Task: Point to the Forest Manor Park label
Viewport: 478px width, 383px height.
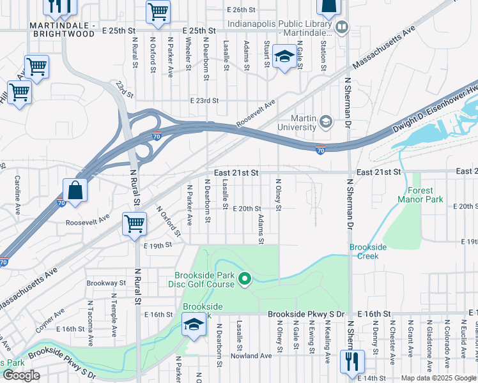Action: [x=420, y=195]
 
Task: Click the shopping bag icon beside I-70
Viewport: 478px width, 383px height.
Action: [x=75, y=190]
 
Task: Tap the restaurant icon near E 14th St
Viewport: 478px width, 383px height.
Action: [x=351, y=361]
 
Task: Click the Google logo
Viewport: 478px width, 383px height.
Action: [x=21, y=375]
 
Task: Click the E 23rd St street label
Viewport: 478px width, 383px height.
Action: [x=204, y=101]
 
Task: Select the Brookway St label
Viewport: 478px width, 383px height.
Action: [x=106, y=282]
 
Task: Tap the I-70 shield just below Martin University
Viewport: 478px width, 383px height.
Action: [x=320, y=150]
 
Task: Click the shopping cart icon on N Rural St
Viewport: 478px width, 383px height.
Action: [x=135, y=224]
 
